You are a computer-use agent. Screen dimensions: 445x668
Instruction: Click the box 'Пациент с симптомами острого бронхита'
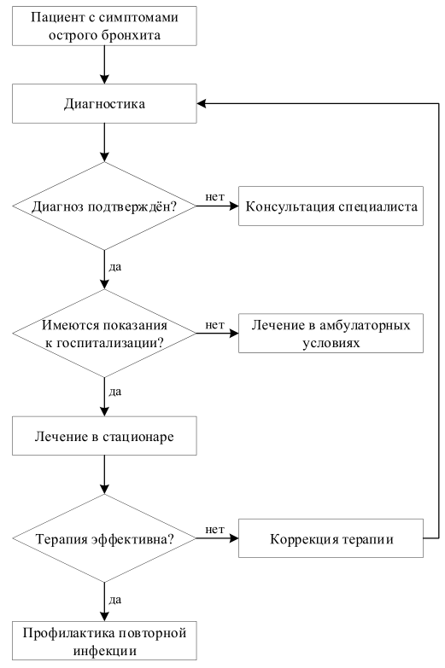pos(104,26)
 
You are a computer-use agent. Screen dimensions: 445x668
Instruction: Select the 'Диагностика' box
pos(104,103)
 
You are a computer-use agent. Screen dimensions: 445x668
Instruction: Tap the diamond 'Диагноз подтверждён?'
pos(104,206)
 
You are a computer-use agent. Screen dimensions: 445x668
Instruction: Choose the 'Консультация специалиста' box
pos(331,206)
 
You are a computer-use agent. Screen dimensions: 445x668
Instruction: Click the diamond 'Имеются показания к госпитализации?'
pos(104,334)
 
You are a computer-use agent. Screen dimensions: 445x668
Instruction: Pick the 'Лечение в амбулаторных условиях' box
pos(331,334)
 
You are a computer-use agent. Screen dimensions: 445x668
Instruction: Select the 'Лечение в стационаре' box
pos(104,436)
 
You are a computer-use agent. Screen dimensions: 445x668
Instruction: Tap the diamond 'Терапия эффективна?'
pos(104,538)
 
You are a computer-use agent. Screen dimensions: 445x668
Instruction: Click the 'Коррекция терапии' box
pos(331,538)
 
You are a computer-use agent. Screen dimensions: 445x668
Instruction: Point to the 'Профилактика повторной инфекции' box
pos(104,641)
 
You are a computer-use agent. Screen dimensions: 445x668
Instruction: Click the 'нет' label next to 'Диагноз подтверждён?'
pos(214,197)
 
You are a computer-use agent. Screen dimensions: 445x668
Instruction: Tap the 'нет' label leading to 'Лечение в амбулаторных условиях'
pos(214,325)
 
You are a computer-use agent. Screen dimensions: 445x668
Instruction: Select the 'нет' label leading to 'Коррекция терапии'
pos(214,530)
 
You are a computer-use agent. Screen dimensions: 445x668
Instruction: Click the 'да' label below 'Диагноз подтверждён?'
pos(115,267)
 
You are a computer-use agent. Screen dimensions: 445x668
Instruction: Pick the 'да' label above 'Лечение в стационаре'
pos(115,392)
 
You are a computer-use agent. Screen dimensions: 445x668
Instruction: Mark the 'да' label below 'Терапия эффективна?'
pos(115,601)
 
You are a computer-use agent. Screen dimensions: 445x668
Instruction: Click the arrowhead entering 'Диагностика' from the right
pos(202,103)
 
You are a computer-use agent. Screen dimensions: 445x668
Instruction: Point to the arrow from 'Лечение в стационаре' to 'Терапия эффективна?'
pos(104,474)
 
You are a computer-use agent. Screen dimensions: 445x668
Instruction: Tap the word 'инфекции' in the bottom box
pos(104,651)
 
